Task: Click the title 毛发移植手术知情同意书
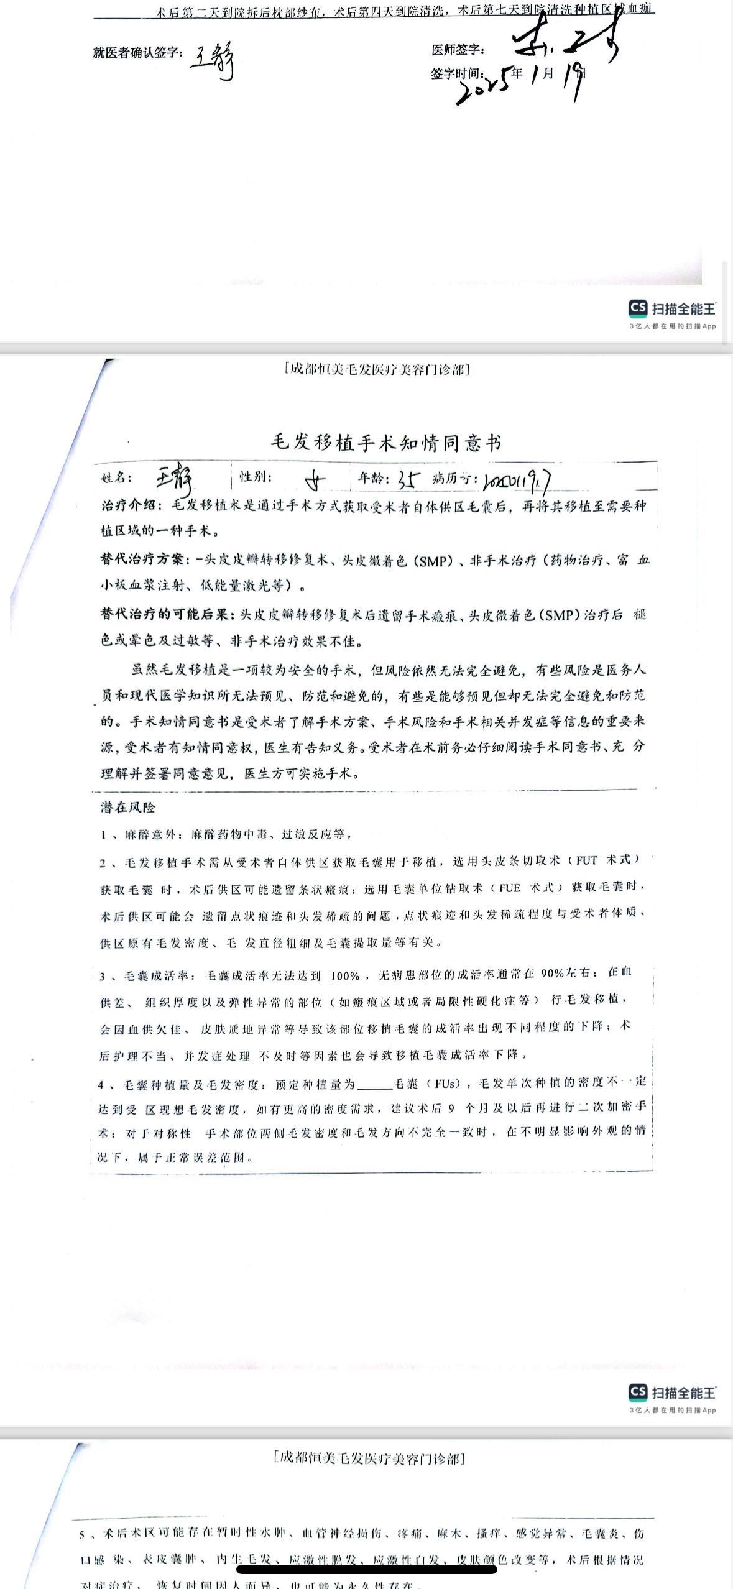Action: tap(385, 443)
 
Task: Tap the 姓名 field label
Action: tap(117, 477)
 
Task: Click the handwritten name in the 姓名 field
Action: tap(175, 479)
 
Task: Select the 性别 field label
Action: tap(256, 477)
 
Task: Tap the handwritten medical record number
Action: tap(519, 480)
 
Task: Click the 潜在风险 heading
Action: tap(127, 808)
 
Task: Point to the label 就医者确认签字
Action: tap(137, 53)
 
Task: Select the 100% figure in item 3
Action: tap(346, 976)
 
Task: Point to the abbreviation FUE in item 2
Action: tap(509, 888)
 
